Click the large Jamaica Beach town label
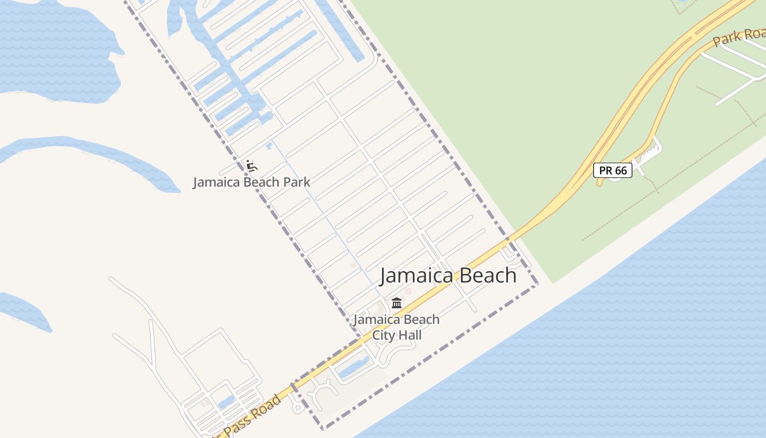tap(448, 275)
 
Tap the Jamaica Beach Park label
tap(251, 182)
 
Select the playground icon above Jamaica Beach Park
tap(251, 165)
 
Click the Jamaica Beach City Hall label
tap(397, 327)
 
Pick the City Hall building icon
tap(397, 303)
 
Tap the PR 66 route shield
tap(613, 170)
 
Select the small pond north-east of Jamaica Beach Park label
tap(269, 146)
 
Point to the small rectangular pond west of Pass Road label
tap(226, 403)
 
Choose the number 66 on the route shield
tap(620, 170)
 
